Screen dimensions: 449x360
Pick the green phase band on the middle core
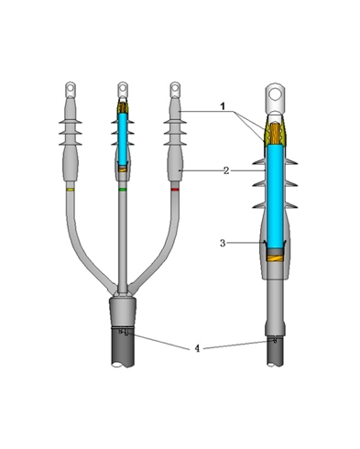coord(123,189)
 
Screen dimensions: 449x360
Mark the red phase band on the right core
coord(175,189)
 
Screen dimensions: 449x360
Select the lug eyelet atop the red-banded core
coord(175,89)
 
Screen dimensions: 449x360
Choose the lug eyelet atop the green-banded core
coord(123,89)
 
